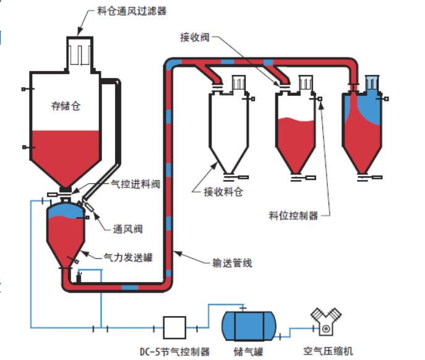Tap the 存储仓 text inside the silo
click(x=66, y=106)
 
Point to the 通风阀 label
click(x=129, y=229)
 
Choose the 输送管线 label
click(x=231, y=263)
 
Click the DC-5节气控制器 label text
click(x=174, y=351)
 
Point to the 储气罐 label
click(x=245, y=351)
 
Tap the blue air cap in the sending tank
click(x=65, y=210)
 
